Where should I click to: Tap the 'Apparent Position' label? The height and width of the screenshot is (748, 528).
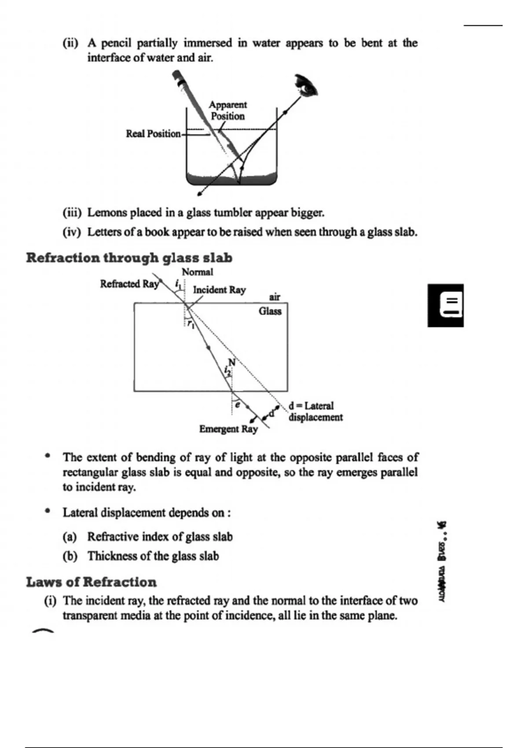tap(227, 110)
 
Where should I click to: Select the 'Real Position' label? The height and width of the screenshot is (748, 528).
tap(153, 134)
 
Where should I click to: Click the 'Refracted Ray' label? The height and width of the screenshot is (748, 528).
tap(128, 284)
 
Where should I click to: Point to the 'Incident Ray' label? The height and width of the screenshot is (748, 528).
tap(219, 290)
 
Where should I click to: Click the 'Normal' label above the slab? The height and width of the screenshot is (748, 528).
tap(197, 272)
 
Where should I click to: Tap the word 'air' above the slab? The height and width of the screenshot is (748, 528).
tap(275, 297)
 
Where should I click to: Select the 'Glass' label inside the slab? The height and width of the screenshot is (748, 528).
tap(270, 311)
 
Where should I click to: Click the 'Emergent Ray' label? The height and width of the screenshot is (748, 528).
tap(228, 429)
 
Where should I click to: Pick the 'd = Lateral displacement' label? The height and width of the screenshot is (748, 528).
tap(315, 411)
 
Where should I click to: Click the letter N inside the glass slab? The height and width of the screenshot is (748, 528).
tap(232, 363)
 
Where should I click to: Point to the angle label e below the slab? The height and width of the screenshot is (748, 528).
tap(237, 404)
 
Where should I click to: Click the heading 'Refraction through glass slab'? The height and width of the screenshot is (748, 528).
tap(129, 258)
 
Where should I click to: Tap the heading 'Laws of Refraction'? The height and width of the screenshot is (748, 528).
tap(91, 582)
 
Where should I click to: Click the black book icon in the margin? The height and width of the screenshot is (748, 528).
tap(445, 305)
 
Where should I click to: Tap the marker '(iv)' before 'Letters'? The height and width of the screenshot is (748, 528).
tap(72, 232)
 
